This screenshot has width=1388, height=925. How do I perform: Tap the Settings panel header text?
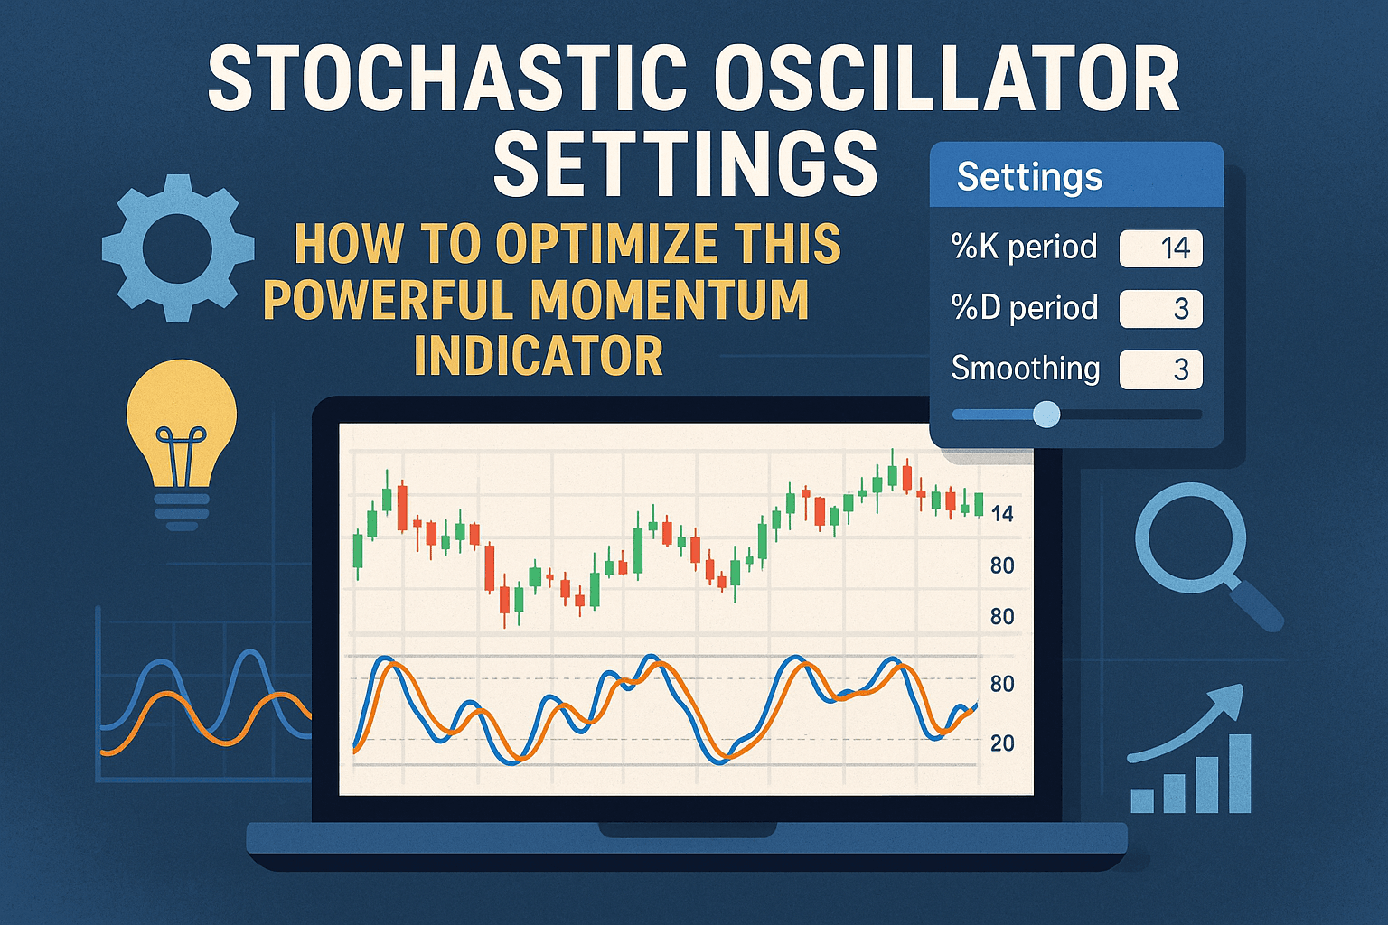point(1029,176)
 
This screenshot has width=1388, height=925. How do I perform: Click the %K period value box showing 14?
point(1160,248)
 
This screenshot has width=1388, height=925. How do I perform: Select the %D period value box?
point(1160,309)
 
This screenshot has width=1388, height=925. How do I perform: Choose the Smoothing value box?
point(1160,369)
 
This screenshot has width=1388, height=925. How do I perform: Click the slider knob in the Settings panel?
point(1046,415)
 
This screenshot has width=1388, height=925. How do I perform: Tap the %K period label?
point(1024,248)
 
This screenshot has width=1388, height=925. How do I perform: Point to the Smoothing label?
point(1026,369)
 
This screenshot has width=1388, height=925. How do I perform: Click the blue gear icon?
point(178,248)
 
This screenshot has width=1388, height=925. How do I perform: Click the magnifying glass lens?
point(1190,538)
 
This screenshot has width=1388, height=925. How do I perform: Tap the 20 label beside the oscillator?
point(1002,743)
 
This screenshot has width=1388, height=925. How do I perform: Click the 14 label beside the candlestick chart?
point(1002,514)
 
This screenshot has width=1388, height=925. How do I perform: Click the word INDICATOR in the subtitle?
point(539,357)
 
